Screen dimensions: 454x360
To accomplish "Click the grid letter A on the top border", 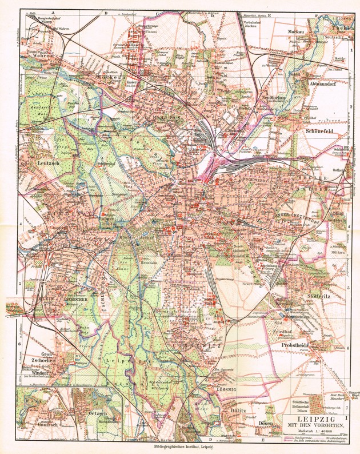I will click(x=52, y=11).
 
